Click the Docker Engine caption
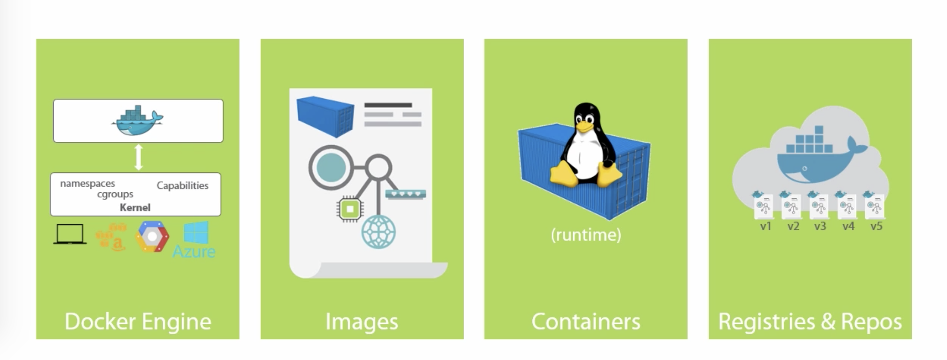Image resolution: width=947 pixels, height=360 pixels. pyautogui.click(x=138, y=322)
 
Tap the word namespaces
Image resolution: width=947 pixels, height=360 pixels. pyautogui.click(x=87, y=183)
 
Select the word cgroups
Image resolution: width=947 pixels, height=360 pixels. pyautogui.click(x=115, y=194)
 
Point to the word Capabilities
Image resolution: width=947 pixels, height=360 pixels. pyautogui.click(x=182, y=186)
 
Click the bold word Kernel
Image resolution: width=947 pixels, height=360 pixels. pyautogui.click(x=135, y=207)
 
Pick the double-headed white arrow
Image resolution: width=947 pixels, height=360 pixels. pyautogui.click(x=138, y=157)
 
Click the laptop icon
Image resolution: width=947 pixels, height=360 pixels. pyautogui.click(x=70, y=234)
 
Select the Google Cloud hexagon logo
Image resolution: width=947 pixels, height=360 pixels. pyautogui.click(x=152, y=236)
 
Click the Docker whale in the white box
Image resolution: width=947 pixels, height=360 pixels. pyautogui.click(x=137, y=121)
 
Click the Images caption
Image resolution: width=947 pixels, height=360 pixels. pyautogui.click(x=362, y=322)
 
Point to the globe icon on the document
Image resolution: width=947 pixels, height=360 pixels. pyautogui.click(x=378, y=231)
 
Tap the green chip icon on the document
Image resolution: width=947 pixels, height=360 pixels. pyautogui.click(x=350, y=209)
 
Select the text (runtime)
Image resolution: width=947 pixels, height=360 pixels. pyautogui.click(x=586, y=235)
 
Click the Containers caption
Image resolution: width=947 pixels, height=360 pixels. pyautogui.click(x=586, y=322)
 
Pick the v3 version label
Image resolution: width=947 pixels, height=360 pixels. pyautogui.click(x=820, y=227)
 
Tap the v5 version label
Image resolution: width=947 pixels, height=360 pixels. pyautogui.click(x=876, y=227)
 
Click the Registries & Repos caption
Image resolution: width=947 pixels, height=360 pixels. pyautogui.click(x=810, y=322)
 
